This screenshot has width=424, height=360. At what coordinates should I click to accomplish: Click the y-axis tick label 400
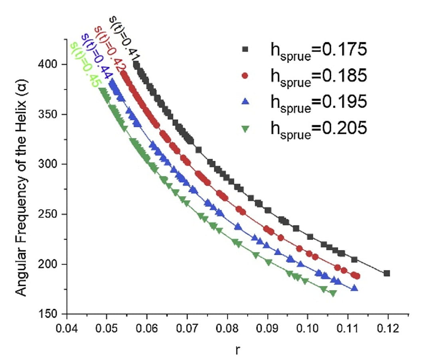click(x=53, y=65)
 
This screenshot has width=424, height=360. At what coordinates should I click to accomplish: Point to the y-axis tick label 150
click(x=53, y=314)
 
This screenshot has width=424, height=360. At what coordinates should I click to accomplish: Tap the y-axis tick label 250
click(x=53, y=214)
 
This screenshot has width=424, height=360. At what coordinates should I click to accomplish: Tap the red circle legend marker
click(x=246, y=75)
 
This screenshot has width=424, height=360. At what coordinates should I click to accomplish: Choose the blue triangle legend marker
click(x=246, y=102)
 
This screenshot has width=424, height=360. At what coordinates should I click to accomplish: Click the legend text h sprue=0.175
click(x=316, y=51)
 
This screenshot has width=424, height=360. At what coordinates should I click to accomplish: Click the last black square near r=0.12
click(x=387, y=273)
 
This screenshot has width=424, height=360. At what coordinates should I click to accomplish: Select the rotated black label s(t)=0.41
click(x=124, y=38)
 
